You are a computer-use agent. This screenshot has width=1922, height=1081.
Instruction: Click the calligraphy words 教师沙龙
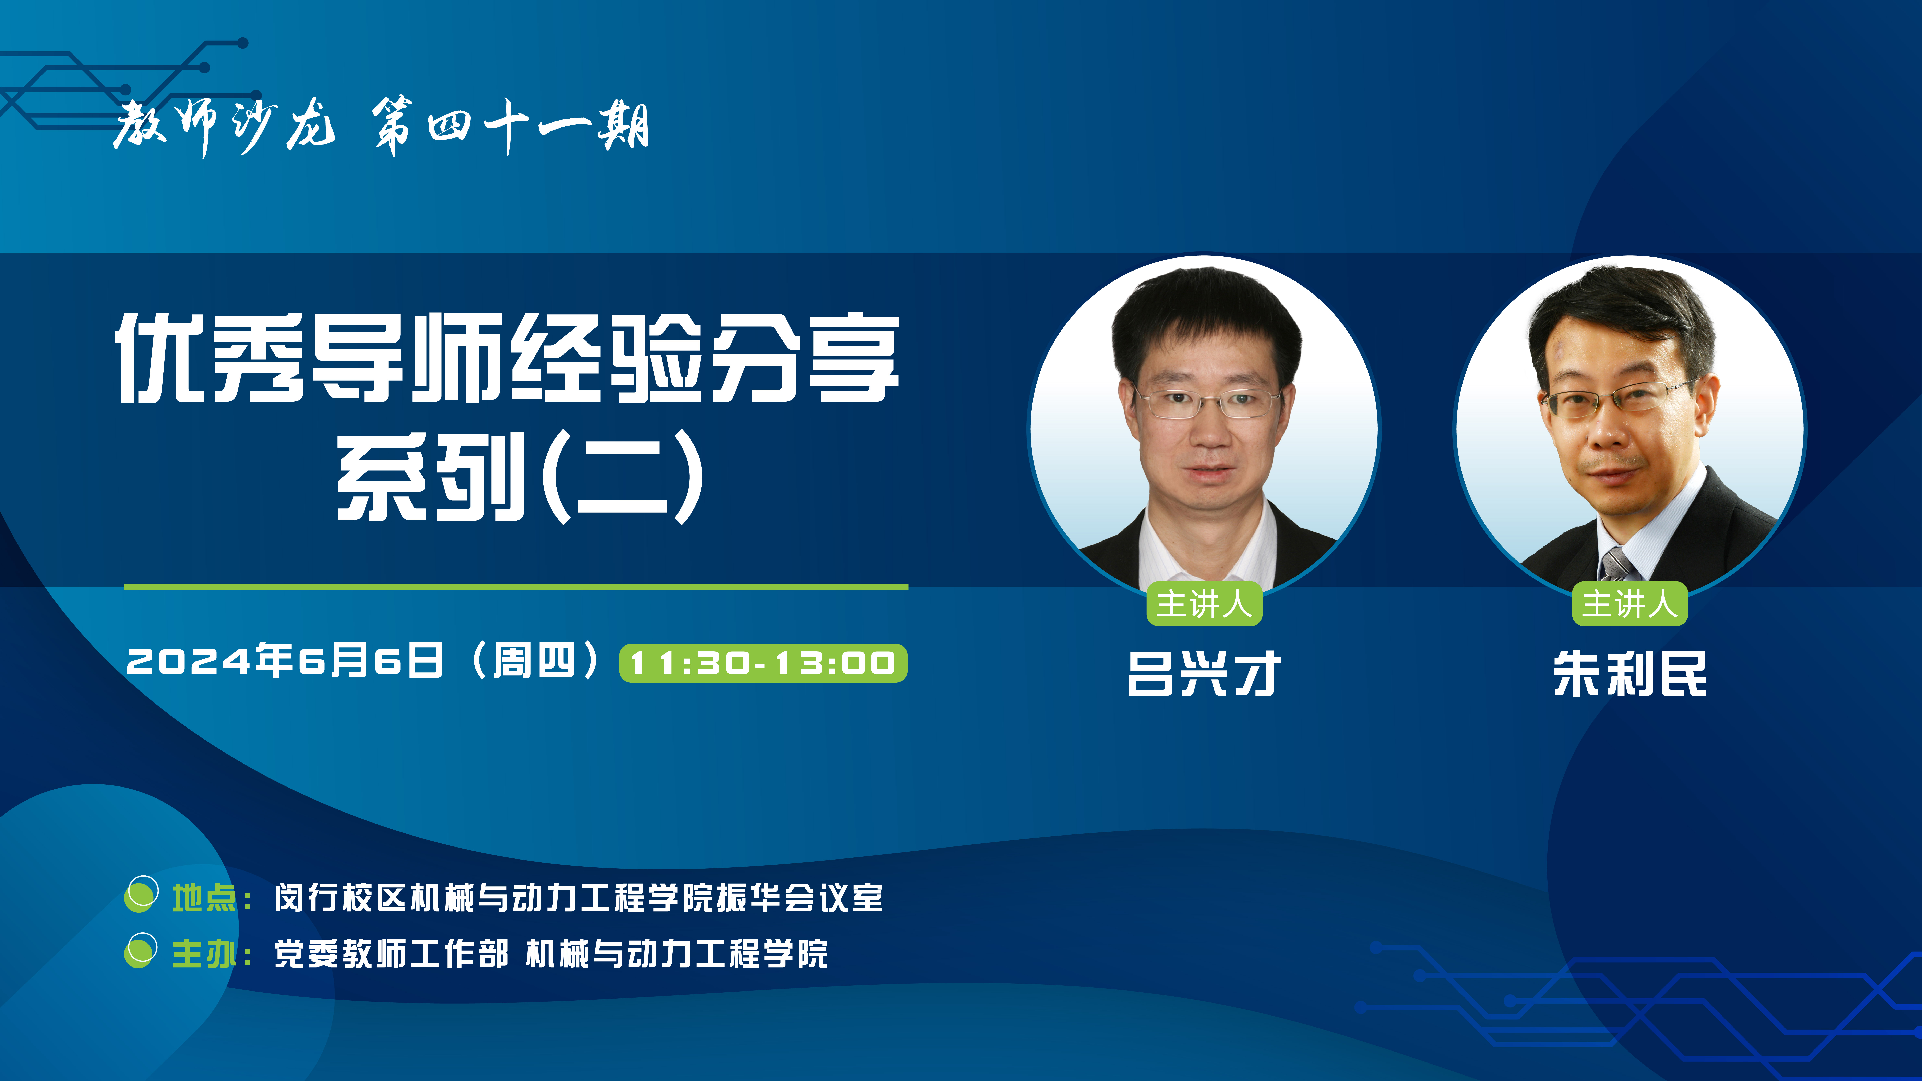224,127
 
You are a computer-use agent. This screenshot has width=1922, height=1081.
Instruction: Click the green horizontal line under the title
516,587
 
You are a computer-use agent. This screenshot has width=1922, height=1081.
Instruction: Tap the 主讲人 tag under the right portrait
1629,603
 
